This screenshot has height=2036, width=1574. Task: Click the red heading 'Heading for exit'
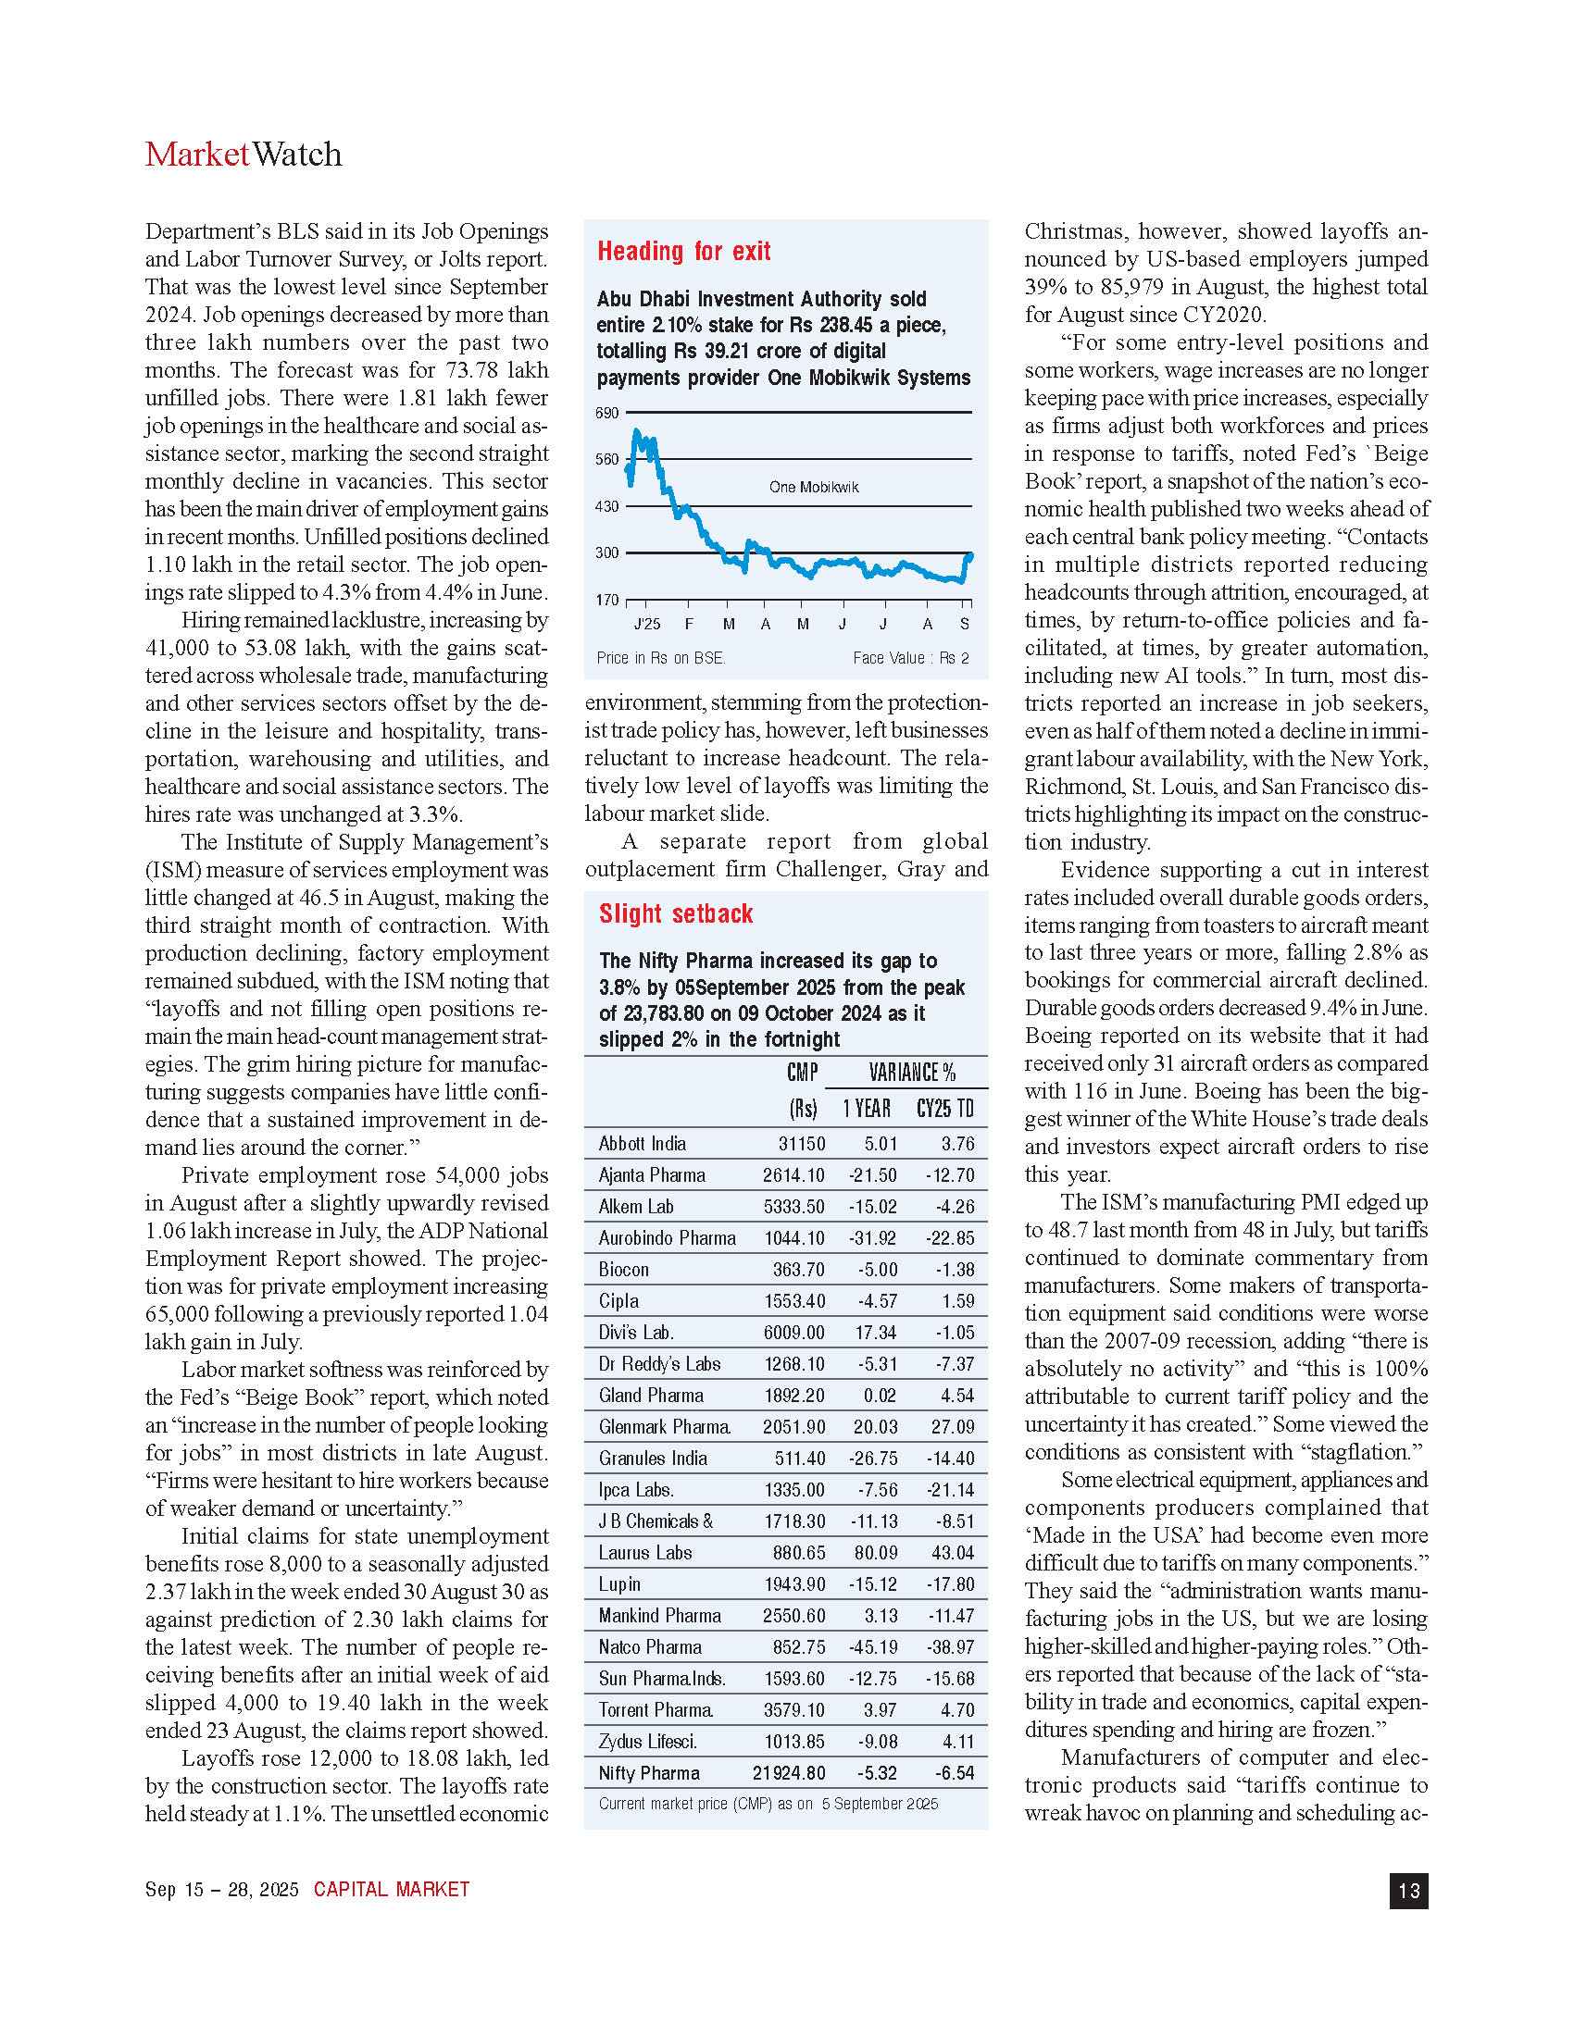pos(683,251)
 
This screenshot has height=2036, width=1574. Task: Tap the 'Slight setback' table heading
pos(675,913)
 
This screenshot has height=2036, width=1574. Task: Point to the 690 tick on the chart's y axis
pos(607,412)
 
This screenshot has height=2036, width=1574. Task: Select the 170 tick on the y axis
pos(607,600)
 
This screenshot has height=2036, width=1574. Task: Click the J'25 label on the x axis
pos(646,625)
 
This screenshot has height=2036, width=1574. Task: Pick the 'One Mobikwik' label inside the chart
pos(813,487)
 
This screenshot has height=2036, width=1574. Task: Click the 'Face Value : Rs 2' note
pos(910,658)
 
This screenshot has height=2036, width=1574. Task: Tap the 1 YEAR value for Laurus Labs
pos(875,1553)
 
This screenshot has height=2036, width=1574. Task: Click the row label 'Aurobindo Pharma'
pos(667,1238)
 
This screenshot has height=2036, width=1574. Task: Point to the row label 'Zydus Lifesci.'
pos(647,1742)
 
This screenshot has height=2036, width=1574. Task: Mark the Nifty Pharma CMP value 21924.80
pos(788,1773)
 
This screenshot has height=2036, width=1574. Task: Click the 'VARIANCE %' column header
pos(911,1073)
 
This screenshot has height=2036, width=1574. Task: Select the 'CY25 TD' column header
pos(944,1109)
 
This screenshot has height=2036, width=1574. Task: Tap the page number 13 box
pos(1408,1890)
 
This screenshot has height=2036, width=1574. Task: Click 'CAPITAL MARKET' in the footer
pos(391,1890)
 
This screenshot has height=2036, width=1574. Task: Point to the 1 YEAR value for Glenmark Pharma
pos(875,1427)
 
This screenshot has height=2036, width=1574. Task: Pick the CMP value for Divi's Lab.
pos(793,1333)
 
